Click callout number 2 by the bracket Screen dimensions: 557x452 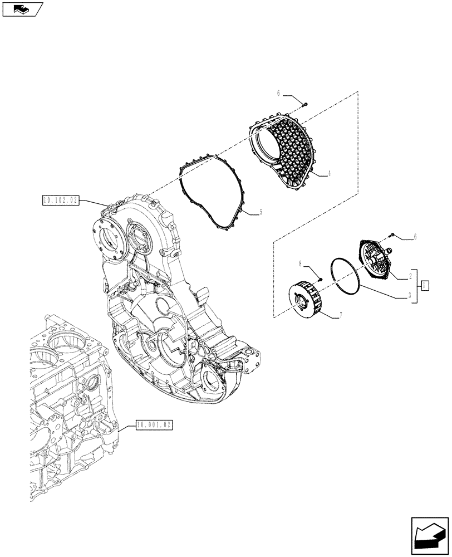[x=410, y=276]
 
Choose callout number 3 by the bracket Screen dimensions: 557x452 [x=410, y=296]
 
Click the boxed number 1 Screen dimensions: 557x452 [x=425, y=286]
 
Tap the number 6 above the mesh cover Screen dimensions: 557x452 [x=278, y=94]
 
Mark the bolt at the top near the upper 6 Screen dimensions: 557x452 [x=305, y=104]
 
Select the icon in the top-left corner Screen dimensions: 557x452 [x=22, y=8]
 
